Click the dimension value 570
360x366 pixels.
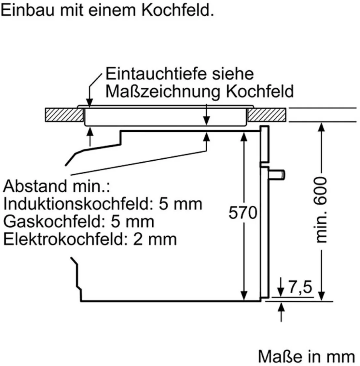coord(243,212)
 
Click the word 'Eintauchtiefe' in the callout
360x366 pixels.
coord(156,74)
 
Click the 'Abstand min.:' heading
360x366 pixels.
coord(57,186)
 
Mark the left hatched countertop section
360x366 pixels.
coord(64,115)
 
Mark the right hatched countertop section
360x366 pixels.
coord(267,115)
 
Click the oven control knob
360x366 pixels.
coord(277,175)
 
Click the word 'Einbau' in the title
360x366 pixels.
coord(28,10)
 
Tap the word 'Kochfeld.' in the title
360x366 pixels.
coord(178,10)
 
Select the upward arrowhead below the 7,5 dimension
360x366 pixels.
coord(281,307)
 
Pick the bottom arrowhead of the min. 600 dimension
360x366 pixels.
coord(321,296)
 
